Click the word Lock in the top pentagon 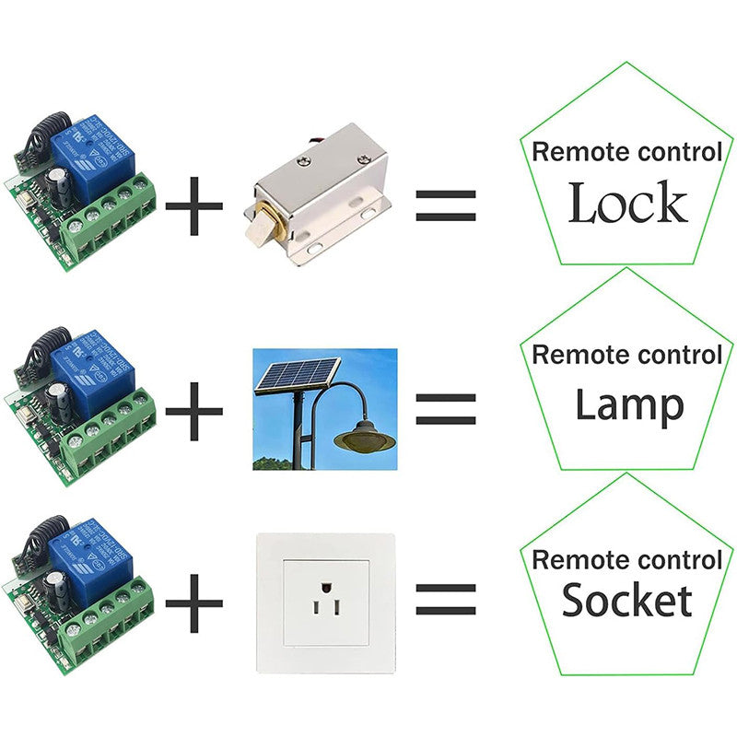(627, 204)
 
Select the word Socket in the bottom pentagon (626, 601)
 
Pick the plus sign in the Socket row (193, 604)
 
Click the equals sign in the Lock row (446, 205)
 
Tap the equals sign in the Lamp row (446, 406)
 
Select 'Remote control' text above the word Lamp (627, 354)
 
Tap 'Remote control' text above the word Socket (627, 559)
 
